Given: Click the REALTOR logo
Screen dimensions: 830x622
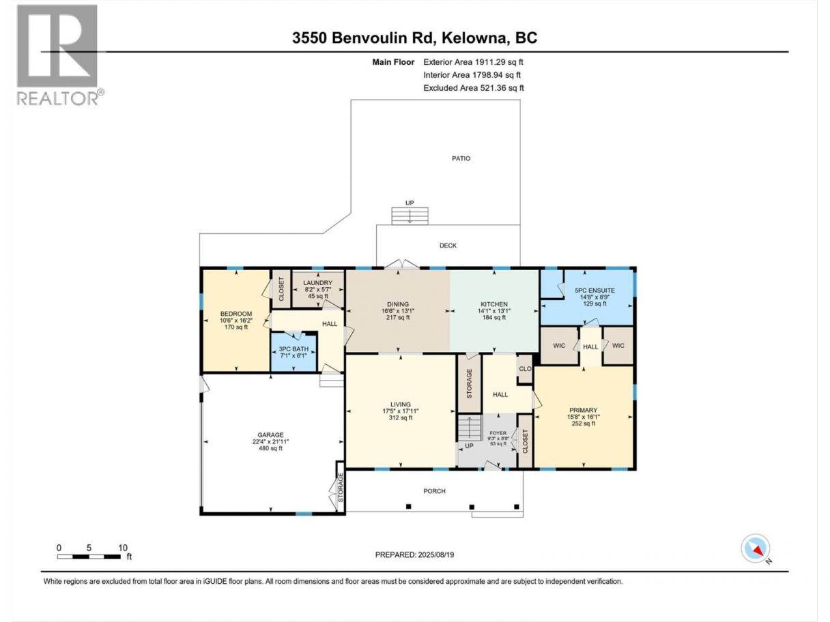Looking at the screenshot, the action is point(60,55).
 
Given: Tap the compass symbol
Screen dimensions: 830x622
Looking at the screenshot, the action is point(756,548).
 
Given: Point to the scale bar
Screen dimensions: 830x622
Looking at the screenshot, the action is point(89,557).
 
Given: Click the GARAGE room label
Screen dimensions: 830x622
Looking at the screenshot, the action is point(270,435).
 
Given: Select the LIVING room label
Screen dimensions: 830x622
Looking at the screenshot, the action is point(401,404).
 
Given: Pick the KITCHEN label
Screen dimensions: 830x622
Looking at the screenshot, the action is point(494,304).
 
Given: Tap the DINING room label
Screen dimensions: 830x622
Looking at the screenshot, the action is point(398,304).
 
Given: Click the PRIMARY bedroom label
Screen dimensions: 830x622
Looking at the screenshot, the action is point(583,410).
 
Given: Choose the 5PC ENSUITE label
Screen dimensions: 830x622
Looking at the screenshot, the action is point(595,291).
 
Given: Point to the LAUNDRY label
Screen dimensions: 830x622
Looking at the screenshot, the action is point(317,283).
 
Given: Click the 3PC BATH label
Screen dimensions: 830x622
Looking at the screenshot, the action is point(294,349).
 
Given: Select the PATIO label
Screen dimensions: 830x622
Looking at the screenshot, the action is point(461,159).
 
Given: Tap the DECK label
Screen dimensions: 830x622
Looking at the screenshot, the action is point(448,246).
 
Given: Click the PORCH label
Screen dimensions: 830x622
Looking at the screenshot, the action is point(434,491).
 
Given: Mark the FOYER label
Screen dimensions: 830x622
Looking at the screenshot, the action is point(498,433).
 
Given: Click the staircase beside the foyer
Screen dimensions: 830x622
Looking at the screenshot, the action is point(469,428).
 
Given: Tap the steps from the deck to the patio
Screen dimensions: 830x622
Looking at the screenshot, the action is point(410,216).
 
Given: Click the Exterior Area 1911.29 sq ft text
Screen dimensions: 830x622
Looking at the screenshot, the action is point(473,62).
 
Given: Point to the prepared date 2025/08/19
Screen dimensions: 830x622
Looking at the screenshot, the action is point(435,554).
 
